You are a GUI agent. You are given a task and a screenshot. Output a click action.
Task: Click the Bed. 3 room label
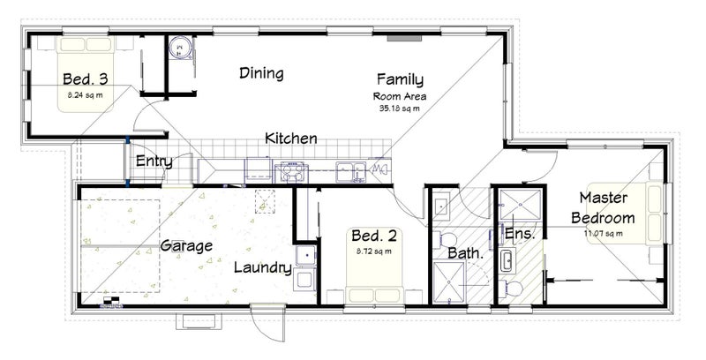click(x=85, y=79)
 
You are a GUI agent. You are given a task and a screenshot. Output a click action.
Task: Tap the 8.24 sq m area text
click(x=85, y=95)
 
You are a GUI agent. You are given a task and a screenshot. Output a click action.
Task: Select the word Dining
click(x=261, y=73)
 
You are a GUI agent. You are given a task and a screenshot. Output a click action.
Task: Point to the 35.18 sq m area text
click(x=400, y=108)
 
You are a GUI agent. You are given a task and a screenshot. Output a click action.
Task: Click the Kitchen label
click(x=291, y=139)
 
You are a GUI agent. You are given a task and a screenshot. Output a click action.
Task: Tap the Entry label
click(x=154, y=161)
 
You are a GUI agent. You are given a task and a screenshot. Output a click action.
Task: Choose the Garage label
click(x=186, y=246)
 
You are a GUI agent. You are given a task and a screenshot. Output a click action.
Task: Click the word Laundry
click(x=263, y=267)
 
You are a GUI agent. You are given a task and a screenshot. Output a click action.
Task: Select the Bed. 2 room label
click(x=373, y=236)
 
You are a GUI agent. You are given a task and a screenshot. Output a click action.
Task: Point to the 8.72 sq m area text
click(x=373, y=251)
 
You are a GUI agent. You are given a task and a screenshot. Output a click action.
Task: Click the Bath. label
click(x=466, y=253)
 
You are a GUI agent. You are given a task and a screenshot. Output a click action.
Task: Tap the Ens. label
click(x=520, y=234)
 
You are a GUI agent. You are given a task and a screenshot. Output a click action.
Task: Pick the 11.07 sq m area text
click(x=604, y=233)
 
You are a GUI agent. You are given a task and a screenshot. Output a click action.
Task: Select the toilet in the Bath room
click(x=445, y=239)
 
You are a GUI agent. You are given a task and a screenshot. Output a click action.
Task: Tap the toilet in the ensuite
click(x=513, y=287)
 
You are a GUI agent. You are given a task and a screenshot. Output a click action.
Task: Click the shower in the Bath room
click(x=448, y=281)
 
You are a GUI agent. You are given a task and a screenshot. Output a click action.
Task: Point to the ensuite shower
click(x=521, y=205)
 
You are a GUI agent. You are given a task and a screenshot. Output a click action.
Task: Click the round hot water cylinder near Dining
click(x=181, y=48)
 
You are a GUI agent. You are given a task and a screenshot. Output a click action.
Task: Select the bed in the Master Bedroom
click(x=626, y=213)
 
